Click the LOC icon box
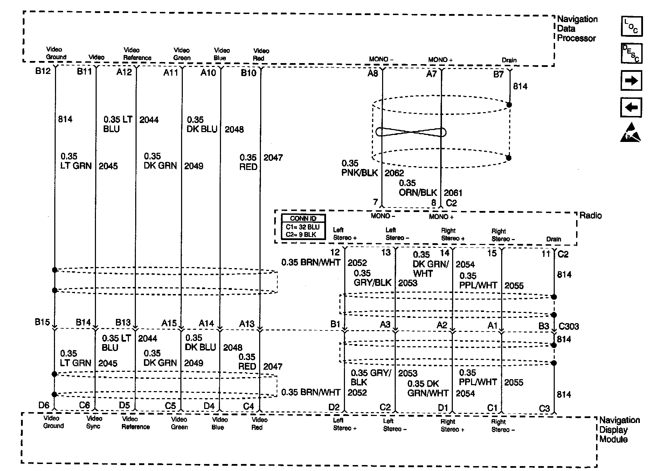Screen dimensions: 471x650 [x=631, y=26]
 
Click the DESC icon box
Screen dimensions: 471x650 [x=631, y=53]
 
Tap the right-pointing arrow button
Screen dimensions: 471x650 [x=631, y=81]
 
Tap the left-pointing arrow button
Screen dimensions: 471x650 [x=631, y=107]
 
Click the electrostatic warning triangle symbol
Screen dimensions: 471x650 [x=630, y=133]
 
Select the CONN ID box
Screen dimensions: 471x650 [x=303, y=227]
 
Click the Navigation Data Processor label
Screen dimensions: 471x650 [x=577, y=29]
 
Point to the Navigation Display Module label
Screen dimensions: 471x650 [x=619, y=430]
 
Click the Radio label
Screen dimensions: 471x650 [x=590, y=215]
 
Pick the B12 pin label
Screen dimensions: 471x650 [x=43, y=71]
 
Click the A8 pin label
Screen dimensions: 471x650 [x=373, y=73]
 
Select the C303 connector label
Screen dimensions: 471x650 [x=569, y=327]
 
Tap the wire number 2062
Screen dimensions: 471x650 [x=394, y=173]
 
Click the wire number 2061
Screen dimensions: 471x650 [x=453, y=193]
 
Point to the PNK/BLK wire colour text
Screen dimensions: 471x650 [x=360, y=173]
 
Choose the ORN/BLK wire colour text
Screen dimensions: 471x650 [x=418, y=193]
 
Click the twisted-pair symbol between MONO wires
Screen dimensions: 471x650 [x=411, y=132]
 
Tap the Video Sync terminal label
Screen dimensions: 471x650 [x=94, y=422]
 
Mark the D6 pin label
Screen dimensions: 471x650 [x=44, y=405]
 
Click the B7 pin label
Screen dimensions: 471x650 [x=498, y=74]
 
